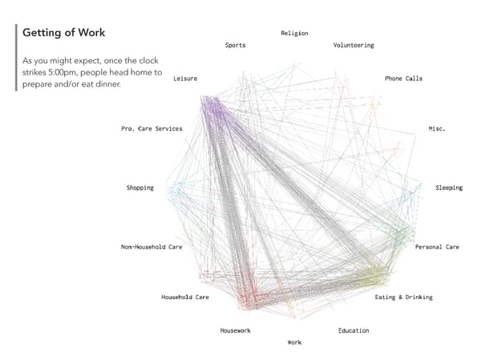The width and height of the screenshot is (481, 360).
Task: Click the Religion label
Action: point(294,33)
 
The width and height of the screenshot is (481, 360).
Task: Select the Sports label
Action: point(236,46)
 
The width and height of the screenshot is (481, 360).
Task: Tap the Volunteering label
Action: point(354,46)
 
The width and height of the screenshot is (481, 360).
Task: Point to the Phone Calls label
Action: point(403,79)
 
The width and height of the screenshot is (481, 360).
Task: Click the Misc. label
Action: point(437,128)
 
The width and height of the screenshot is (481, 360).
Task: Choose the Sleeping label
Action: point(449,188)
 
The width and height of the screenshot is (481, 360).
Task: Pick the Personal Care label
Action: point(437,247)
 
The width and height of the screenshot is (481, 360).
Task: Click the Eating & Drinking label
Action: point(404,297)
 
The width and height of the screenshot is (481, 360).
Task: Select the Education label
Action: point(354,330)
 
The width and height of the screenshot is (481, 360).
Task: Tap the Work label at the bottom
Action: point(294,342)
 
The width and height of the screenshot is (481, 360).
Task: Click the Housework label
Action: point(236,330)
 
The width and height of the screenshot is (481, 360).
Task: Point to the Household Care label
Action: point(185,297)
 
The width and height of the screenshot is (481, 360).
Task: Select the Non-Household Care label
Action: point(152,247)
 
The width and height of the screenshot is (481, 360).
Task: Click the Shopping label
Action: point(140,188)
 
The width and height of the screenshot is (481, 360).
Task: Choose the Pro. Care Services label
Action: point(152,128)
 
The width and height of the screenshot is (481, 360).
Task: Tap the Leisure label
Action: point(185,79)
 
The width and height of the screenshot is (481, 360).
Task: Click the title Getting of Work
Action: point(63,33)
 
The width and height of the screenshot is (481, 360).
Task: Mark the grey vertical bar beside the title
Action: point(16,57)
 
